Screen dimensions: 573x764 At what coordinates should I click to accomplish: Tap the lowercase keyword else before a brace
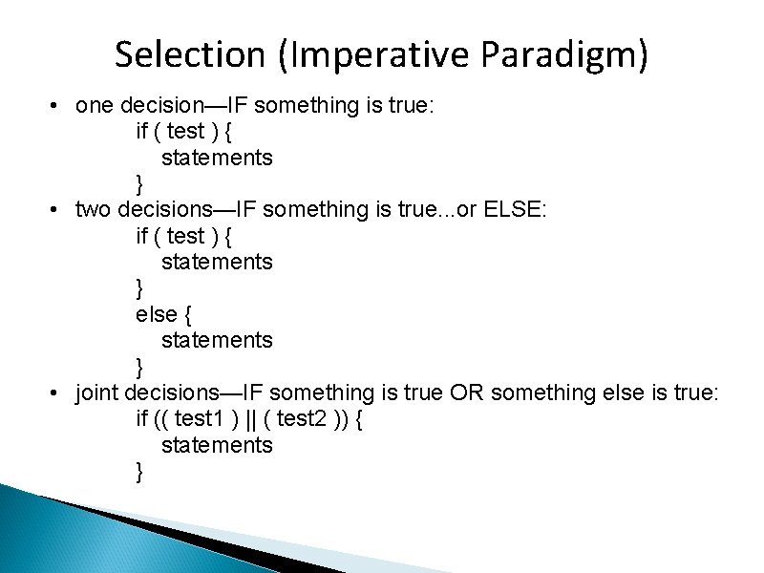pyautogui.click(x=156, y=314)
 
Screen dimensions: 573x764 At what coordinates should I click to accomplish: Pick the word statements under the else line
pyautogui.click(x=217, y=340)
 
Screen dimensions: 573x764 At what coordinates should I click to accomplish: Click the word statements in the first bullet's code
pyautogui.click(x=217, y=158)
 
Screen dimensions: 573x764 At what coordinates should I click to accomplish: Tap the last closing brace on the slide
pyautogui.click(x=140, y=471)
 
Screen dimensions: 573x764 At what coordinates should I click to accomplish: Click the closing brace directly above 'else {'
pyautogui.click(x=140, y=287)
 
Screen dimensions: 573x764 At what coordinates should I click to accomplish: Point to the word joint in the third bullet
pyautogui.click(x=97, y=393)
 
